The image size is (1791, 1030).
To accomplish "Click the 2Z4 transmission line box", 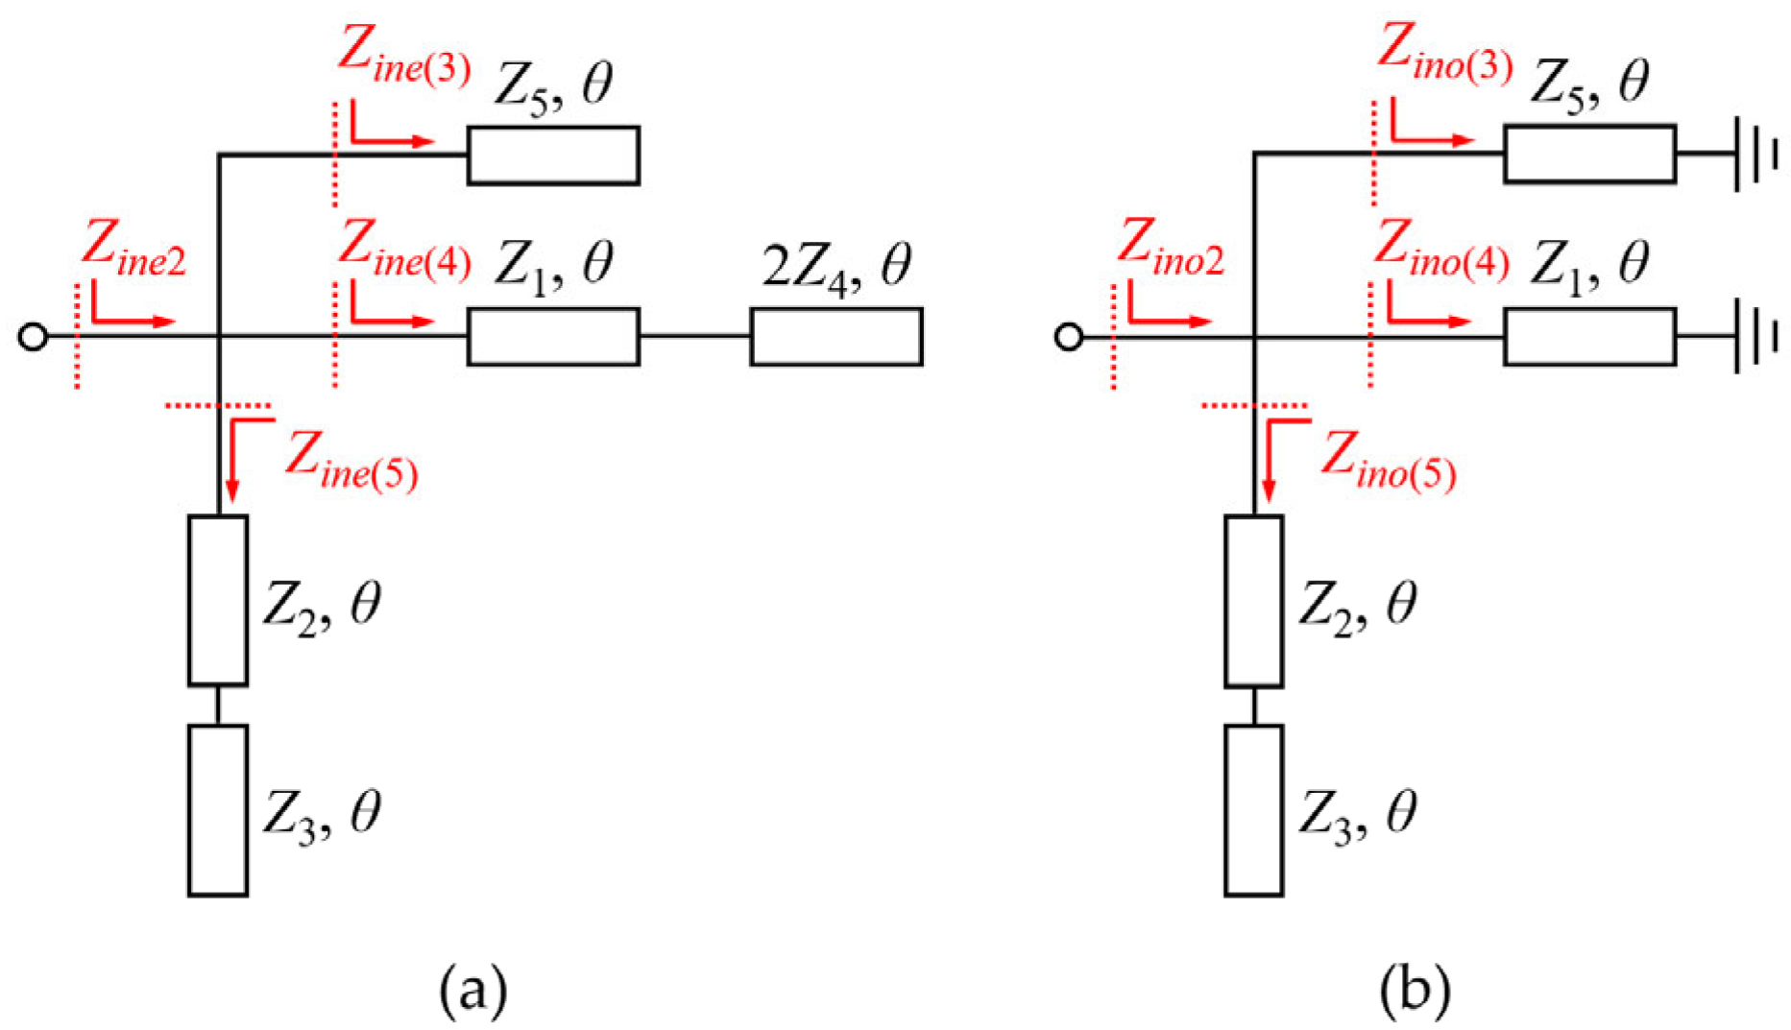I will (x=835, y=337).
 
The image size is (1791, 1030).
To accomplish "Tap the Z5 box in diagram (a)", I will (x=553, y=155).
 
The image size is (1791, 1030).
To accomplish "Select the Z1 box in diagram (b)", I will (x=1589, y=337).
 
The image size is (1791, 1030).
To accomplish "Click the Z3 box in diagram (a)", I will (x=218, y=810).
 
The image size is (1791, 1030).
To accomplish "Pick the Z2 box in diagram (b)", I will (x=1253, y=602).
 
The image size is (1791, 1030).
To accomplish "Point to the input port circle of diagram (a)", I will (x=33, y=337).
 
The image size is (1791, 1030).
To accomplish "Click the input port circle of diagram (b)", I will (x=1068, y=337).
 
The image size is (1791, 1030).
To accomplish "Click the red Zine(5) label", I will (x=351, y=462).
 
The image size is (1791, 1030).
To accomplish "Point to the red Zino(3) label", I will (x=1443, y=54).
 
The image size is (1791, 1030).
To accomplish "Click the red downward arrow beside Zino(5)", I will (x=1270, y=461).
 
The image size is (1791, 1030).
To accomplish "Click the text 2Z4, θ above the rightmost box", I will (x=835, y=269).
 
